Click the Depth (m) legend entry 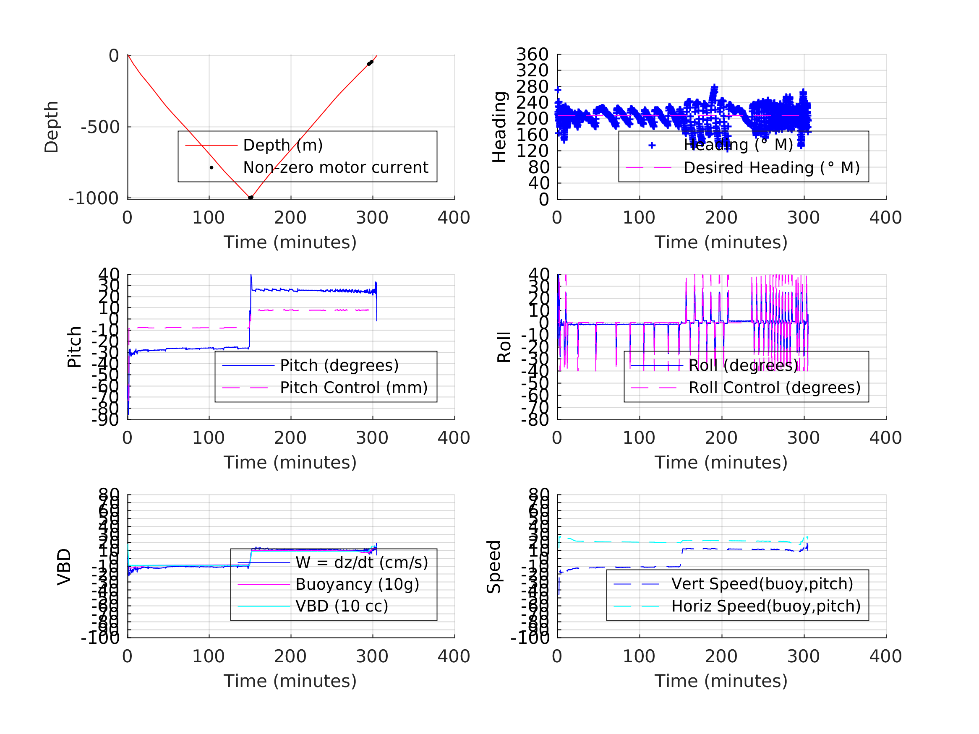pyautogui.click(x=283, y=145)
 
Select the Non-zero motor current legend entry pyautogui.click(x=335, y=168)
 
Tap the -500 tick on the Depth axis pyautogui.click(x=100, y=128)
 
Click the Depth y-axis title pyautogui.click(x=51, y=127)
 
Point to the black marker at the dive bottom pyautogui.click(x=251, y=198)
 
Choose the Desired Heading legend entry pyautogui.click(x=771, y=168)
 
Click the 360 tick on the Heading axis pyautogui.click(x=532, y=55)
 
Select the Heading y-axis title pyautogui.click(x=499, y=127)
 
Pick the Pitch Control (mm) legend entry pyautogui.click(x=353, y=388)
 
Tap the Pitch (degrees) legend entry pyautogui.click(x=339, y=366)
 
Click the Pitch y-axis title pyautogui.click(x=74, y=347)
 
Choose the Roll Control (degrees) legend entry pyautogui.click(x=774, y=388)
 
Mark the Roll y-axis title pyautogui.click(x=504, y=347)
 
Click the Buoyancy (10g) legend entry pyautogui.click(x=357, y=584)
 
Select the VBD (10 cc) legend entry pyautogui.click(x=341, y=606)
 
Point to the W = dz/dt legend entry pyautogui.click(x=361, y=563)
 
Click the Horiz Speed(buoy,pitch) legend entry pyautogui.click(x=765, y=606)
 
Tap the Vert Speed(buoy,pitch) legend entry pyautogui.click(x=762, y=584)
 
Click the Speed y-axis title pyautogui.click(x=494, y=567)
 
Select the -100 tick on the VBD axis pyautogui.click(x=100, y=638)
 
